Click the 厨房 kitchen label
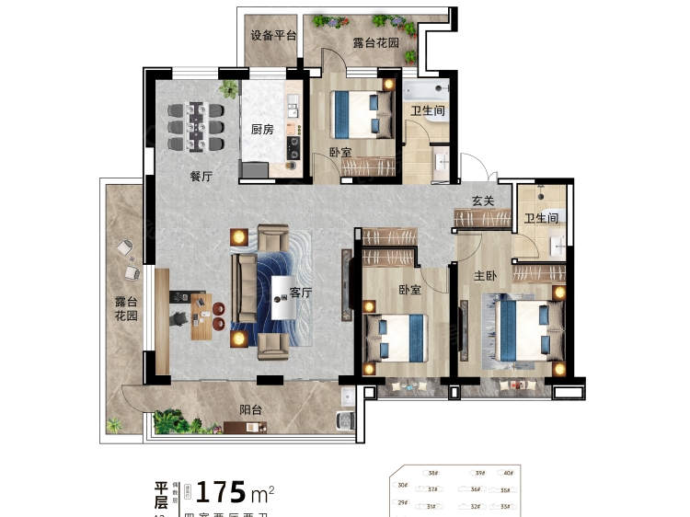tap(262, 130)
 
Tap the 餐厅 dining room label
tap(201, 177)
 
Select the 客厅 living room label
tap(301, 293)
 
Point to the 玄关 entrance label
tap(484, 200)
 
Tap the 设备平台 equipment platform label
tap(273, 36)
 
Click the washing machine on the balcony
tap(346, 419)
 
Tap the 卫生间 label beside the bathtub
tap(428, 111)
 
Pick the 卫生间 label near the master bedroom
tap(540, 219)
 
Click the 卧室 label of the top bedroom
tap(340, 154)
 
